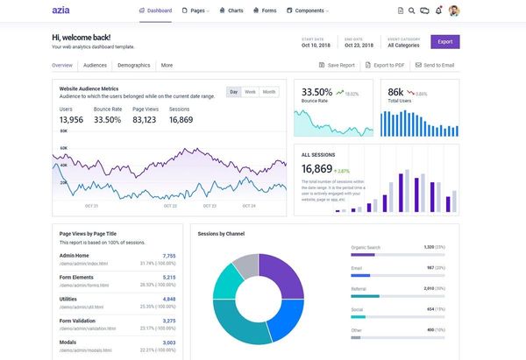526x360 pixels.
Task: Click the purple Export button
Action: pos(445,41)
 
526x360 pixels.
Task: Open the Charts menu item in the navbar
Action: pos(231,11)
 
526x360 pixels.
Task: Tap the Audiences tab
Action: pos(94,65)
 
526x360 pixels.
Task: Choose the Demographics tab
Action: pos(133,65)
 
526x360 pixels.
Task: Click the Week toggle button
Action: pos(250,92)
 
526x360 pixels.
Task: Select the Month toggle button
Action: pos(268,92)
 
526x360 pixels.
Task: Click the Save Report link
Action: pos(337,66)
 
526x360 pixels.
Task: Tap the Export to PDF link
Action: pos(387,66)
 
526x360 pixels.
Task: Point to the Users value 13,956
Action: pos(71,120)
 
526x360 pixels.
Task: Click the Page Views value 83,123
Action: pos(145,120)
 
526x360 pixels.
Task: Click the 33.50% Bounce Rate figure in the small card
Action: pos(316,92)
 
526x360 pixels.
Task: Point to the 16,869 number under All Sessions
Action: pos(316,168)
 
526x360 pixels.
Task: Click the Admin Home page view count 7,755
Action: pos(169,256)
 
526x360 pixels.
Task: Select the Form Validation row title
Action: pos(80,321)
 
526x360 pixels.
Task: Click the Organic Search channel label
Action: pos(366,248)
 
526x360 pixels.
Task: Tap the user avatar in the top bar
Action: pos(453,11)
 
